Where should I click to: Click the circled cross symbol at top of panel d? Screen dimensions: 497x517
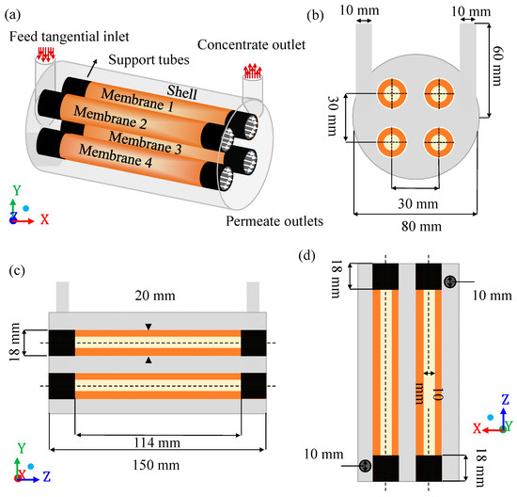click(451, 281)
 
